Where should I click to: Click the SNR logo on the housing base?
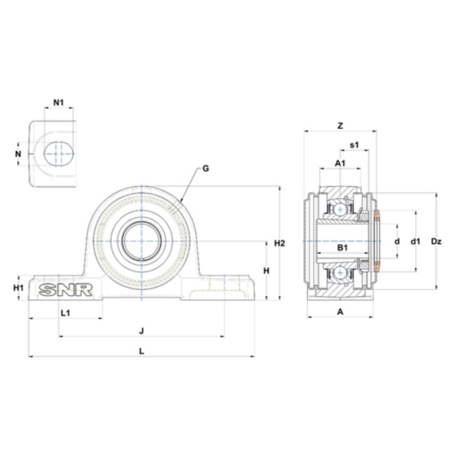[66, 290]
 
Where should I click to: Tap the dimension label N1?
[59, 102]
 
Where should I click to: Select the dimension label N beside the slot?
[18, 154]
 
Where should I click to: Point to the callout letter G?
[205, 168]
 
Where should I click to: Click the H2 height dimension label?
[279, 243]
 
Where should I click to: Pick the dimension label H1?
[18, 288]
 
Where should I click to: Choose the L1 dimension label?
[66, 313]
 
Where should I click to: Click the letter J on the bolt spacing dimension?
[141, 331]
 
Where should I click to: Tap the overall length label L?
[142, 351]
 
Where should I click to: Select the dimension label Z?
[340, 126]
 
